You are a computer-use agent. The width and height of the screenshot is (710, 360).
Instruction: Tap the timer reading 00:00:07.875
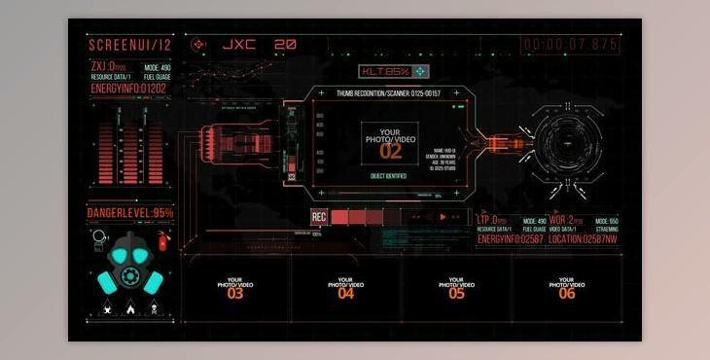[571, 45]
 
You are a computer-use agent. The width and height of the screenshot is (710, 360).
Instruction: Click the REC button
[318, 217]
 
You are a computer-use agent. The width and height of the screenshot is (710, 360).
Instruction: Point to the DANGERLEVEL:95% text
[130, 213]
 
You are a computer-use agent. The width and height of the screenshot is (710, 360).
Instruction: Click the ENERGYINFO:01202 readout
[128, 89]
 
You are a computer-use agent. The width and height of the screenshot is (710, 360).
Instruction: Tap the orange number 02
[390, 152]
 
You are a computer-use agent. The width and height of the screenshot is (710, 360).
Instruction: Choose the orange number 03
[235, 293]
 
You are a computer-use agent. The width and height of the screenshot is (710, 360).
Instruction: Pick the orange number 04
[346, 293]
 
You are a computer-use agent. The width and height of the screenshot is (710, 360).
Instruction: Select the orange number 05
[457, 293]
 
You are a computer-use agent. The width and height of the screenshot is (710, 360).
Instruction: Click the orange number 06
[567, 293]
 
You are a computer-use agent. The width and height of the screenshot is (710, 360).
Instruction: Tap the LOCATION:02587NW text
[583, 238]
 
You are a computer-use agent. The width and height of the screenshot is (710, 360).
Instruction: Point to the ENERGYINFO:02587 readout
[511, 238]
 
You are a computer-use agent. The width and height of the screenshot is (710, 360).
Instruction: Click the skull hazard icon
[152, 309]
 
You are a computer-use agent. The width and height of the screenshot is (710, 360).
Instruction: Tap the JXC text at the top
[239, 45]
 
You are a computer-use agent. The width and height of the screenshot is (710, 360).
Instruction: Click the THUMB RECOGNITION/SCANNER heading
[388, 93]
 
